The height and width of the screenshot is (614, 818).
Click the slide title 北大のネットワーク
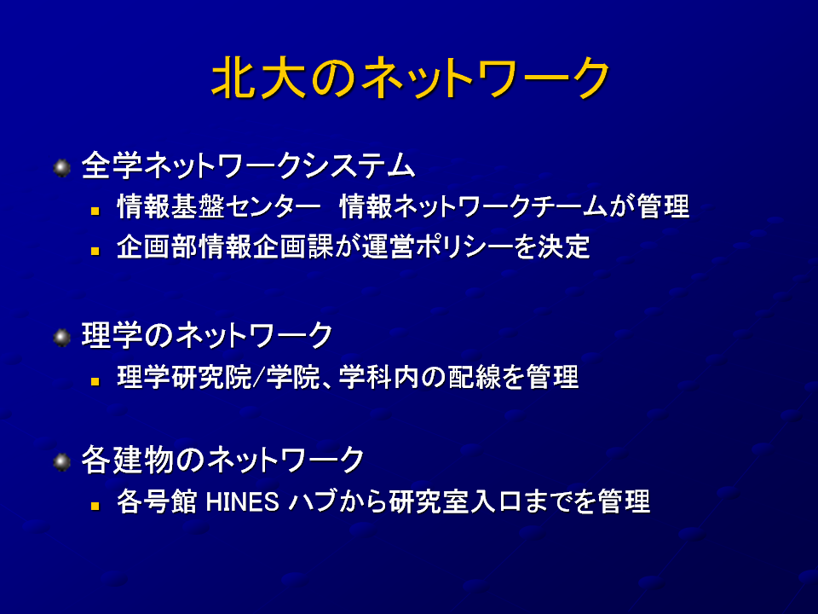(410, 78)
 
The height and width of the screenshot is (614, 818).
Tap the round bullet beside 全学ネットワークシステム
(62, 168)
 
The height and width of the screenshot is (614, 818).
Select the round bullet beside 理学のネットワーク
(62, 338)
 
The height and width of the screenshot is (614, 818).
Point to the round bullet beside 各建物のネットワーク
(62, 461)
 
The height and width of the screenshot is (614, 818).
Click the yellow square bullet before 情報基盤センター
(95, 211)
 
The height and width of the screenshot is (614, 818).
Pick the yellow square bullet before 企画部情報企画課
(95, 251)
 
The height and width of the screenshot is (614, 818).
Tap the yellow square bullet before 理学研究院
(95, 381)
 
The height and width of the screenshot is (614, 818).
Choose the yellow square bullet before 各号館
(95, 506)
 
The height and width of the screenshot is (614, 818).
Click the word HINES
(243, 502)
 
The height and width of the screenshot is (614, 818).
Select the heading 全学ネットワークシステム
(248, 166)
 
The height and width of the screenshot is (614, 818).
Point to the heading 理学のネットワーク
(207, 335)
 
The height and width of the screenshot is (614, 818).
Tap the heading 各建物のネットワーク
(222, 460)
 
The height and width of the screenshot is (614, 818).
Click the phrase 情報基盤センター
(219, 206)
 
